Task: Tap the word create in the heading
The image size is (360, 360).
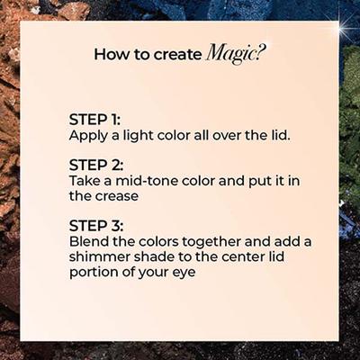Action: pos(177,54)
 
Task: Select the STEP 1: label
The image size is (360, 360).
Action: pos(94,120)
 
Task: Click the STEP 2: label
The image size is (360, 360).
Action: pos(96,165)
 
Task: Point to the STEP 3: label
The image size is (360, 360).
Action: pos(96,226)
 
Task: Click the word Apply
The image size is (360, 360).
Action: pos(88,137)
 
